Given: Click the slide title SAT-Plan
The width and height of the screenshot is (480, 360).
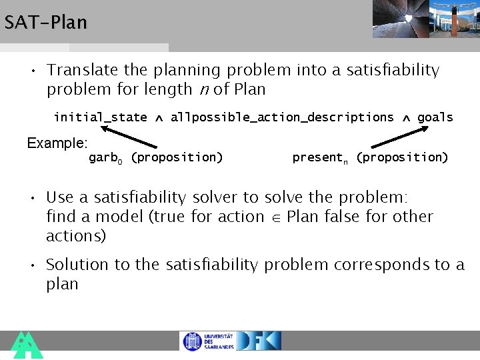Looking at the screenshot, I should point(45,23).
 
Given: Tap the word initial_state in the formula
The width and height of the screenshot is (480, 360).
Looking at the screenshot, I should point(100,117).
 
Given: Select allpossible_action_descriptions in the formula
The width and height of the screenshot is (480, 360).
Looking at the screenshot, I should point(282,117).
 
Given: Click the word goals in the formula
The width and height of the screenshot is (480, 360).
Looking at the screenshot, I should point(435,117).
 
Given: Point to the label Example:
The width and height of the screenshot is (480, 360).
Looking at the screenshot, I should point(57,143).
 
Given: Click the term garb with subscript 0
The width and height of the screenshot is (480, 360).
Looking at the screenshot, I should point(105,158).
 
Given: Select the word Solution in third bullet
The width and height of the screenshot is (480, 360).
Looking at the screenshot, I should point(77,265).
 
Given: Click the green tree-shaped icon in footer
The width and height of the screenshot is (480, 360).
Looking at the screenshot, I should point(27,345).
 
